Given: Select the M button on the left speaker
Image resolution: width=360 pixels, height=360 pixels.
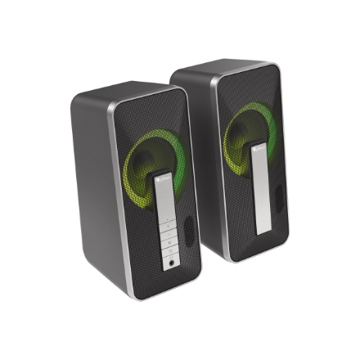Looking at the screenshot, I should (170, 242).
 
